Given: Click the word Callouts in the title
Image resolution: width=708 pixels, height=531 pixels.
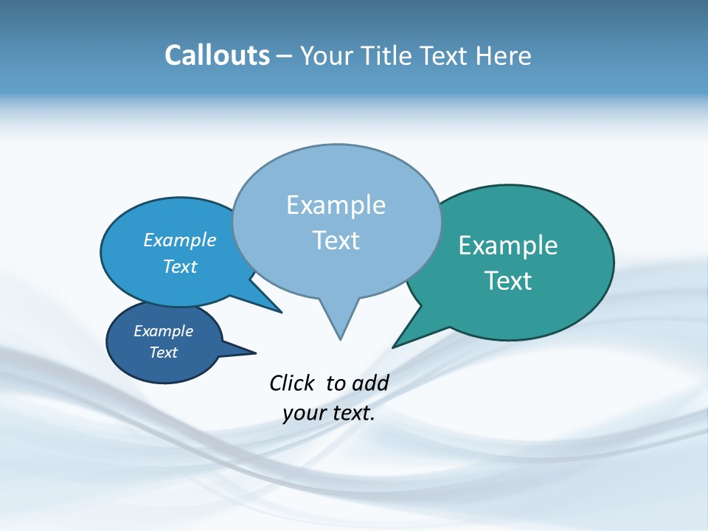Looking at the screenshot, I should click(x=217, y=56).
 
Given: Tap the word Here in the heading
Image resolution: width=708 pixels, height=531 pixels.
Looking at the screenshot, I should click(x=504, y=56).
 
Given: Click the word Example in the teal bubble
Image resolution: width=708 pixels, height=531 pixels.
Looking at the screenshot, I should click(x=508, y=246).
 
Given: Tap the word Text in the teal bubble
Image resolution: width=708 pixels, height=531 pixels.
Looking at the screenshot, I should click(x=508, y=281).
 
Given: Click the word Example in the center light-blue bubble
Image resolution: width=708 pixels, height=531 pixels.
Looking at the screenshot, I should click(x=336, y=205).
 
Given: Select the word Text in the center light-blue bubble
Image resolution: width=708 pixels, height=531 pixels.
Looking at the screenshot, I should click(x=336, y=240).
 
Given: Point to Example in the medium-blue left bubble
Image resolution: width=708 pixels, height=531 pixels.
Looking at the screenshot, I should click(x=180, y=240).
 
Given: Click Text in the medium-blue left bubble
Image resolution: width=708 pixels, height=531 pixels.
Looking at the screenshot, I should click(x=180, y=266).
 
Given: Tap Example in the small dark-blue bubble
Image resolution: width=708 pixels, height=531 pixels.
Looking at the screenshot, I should click(x=164, y=331).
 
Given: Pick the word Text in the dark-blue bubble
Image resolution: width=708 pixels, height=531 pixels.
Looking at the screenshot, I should click(x=164, y=353).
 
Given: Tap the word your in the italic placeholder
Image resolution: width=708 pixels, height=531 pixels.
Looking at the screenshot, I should click(x=303, y=413).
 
